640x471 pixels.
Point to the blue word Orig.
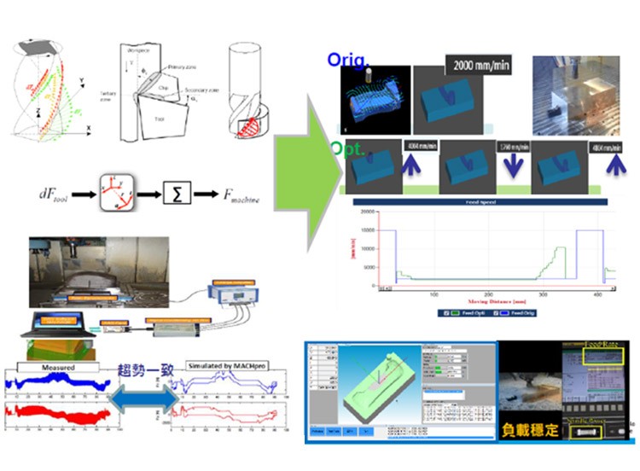(x=347, y=61)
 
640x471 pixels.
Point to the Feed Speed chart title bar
(x=477, y=202)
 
